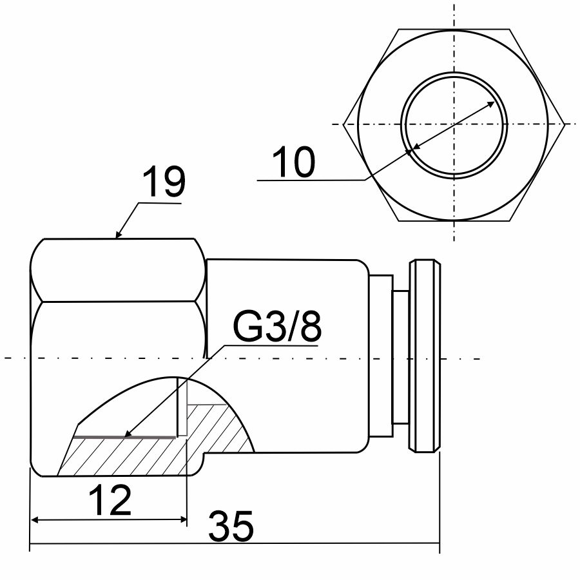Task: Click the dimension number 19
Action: pos(164,182)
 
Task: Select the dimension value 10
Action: pos(293,162)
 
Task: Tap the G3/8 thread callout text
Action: pos(277,325)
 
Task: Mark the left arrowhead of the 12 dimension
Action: pos(35,520)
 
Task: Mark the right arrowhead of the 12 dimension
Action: pos(183,520)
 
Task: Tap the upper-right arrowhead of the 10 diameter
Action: pos(490,104)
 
